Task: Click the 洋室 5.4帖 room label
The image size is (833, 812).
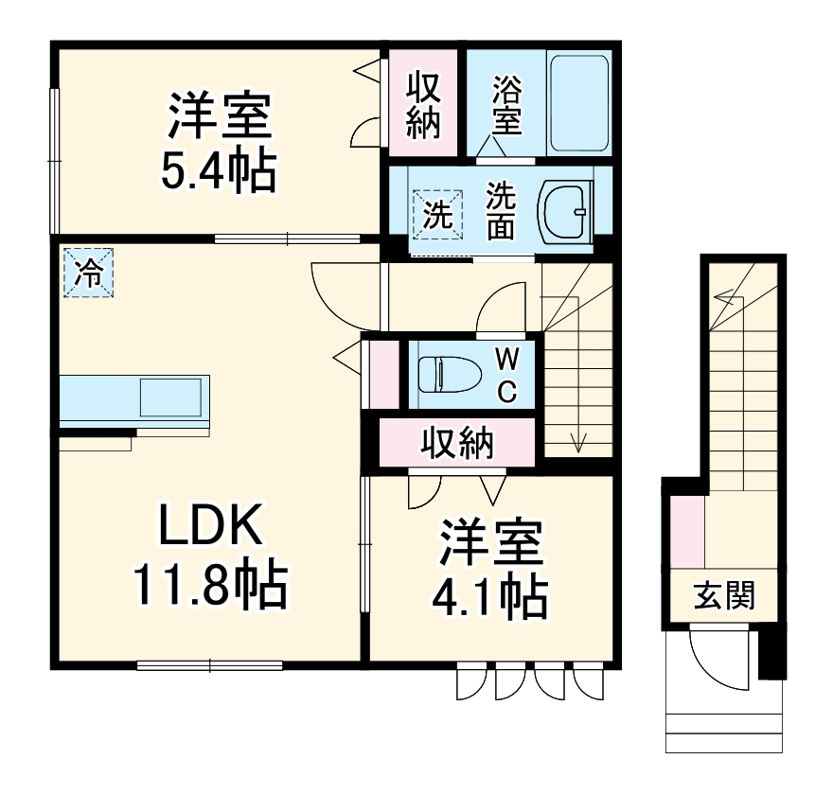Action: [x=221, y=142]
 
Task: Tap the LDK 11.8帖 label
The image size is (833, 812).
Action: [x=210, y=558]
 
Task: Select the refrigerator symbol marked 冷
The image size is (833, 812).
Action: [x=88, y=274]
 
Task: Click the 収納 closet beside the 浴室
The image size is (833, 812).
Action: [x=424, y=104]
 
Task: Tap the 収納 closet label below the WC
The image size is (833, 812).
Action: [x=457, y=443]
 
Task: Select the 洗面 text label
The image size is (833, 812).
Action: [x=501, y=210]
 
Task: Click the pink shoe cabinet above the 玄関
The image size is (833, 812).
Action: [x=688, y=530]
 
